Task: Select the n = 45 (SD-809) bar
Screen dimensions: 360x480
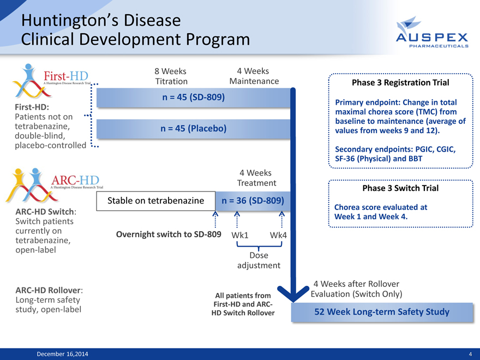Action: click(194, 98)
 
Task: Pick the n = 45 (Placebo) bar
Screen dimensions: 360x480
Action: click(194, 129)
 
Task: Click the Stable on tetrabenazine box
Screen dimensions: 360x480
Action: click(157, 201)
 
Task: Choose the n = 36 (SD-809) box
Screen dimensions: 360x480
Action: click(251, 201)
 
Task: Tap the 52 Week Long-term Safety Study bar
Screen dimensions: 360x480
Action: click(382, 312)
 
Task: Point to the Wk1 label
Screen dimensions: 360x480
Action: click(240, 235)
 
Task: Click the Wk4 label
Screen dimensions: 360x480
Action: click(278, 235)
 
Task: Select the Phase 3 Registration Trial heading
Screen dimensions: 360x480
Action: click(401, 83)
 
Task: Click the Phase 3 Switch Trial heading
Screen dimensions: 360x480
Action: click(401, 188)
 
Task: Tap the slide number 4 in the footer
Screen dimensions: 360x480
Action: click(470, 354)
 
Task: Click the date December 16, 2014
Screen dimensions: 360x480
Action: click(60, 354)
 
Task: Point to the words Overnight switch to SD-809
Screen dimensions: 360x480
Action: click(169, 235)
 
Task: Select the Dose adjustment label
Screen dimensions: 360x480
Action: click(259, 260)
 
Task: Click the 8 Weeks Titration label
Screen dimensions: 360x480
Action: click(171, 76)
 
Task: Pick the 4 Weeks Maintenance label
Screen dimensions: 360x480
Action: click(254, 76)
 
